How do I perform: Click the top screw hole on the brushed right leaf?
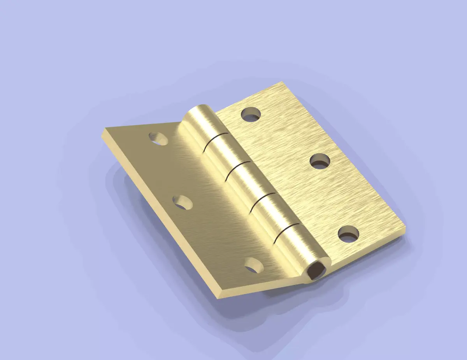251,114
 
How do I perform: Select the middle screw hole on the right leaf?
320,161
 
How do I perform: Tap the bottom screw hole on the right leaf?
348,234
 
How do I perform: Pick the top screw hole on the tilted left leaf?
158,139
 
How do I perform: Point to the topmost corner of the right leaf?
281,82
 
